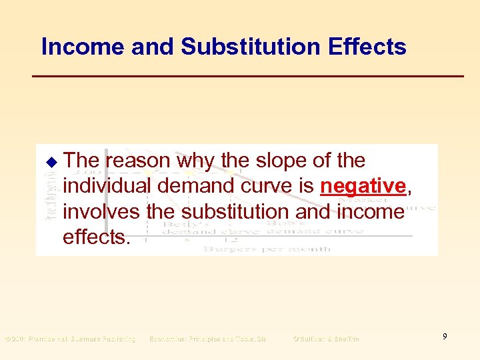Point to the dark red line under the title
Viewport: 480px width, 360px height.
tap(248, 77)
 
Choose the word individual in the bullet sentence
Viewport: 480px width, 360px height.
tap(109, 187)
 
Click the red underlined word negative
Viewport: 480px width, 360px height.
tap(363, 187)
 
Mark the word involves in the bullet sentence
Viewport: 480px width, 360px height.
tap(100, 212)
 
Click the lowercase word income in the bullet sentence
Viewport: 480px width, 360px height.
tap(372, 212)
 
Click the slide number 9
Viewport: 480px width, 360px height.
tap(443, 337)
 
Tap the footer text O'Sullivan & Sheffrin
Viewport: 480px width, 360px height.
tap(326, 339)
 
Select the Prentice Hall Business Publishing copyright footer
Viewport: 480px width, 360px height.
tap(70, 339)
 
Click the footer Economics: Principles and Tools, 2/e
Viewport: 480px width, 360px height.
tap(207, 339)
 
